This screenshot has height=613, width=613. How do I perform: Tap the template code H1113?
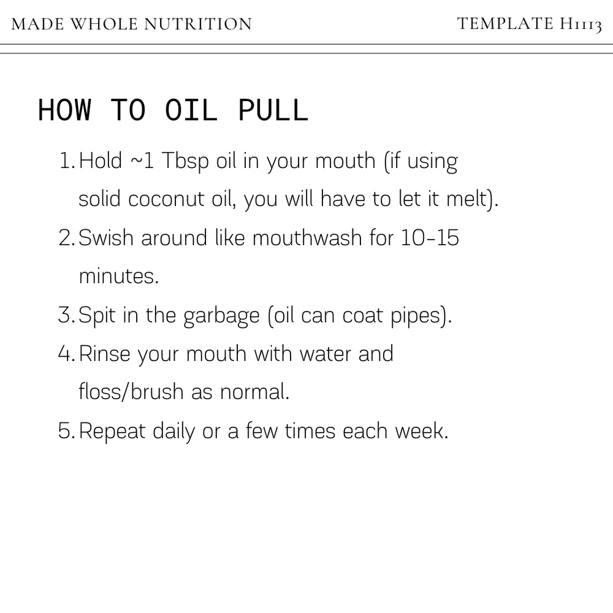pyautogui.click(x=579, y=25)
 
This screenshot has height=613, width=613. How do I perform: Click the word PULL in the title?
pyautogui.click(x=272, y=110)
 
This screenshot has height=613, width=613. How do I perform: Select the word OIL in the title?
pyautogui.click(x=191, y=110)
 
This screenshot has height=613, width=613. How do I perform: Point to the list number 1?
pyautogui.click(x=66, y=162)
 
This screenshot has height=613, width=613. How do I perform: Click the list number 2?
pyautogui.click(x=66, y=238)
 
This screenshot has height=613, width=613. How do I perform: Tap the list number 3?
pyautogui.click(x=66, y=316)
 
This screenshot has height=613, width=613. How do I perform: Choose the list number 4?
pyautogui.click(x=66, y=354)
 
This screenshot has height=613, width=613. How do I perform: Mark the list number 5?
pyautogui.click(x=66, y=431)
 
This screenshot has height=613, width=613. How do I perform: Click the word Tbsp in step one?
pyautogui.click(x=180, y=162)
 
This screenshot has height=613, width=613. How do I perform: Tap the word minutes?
pyautogui.click(x=118, y=276)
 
